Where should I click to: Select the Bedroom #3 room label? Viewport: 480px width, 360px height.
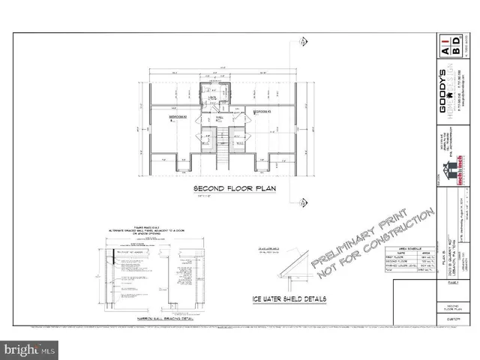(x=262, y=112)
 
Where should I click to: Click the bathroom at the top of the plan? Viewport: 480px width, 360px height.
(x=213, y=97)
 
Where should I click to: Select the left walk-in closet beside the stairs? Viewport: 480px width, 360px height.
(x=205, y=137)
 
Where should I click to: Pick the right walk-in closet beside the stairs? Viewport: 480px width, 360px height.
(x=238, y=137)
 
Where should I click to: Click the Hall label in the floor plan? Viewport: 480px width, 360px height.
(x=220, y=118)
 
